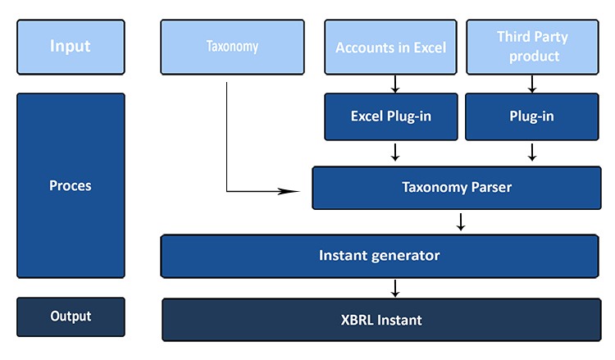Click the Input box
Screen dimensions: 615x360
pos(71,47)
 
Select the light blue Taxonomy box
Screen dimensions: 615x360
pos(232,47)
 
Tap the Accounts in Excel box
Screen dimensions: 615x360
pos(390,47)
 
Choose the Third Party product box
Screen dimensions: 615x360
pos(532,47)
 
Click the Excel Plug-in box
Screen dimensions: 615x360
pos(390,116)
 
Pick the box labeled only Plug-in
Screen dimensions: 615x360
pos(532,116)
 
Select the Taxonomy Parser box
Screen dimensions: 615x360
pos(457,188)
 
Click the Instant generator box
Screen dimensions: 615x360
pos(380,256)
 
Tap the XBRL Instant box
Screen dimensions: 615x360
pos(381,320)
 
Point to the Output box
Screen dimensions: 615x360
pos(71,317)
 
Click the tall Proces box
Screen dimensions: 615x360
pos(71,185)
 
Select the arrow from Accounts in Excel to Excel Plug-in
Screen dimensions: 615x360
pos(395,84)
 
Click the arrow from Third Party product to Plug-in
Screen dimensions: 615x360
pos(532,84)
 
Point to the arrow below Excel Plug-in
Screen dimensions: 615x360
pos(395,153)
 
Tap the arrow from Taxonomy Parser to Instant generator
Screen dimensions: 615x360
pos(461,221)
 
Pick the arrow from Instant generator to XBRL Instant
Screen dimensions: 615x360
pos(395,288)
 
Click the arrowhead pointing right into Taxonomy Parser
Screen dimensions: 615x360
pos(289,191)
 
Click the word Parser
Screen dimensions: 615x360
pos(491,187)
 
